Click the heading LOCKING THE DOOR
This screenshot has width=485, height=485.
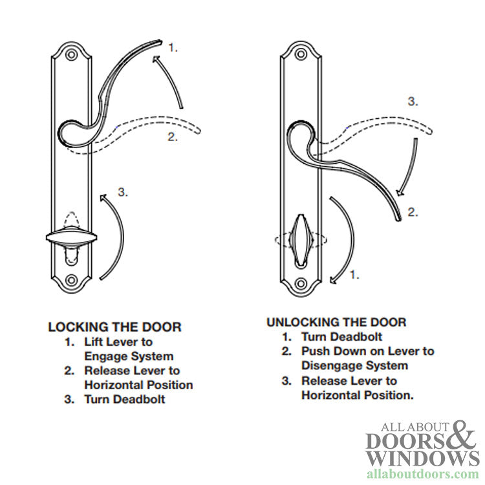pos(114,327)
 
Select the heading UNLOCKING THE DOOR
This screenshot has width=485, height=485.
pos(336,321)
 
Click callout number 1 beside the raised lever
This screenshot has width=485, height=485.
pos(173,47)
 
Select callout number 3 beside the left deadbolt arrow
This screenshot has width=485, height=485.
pos(123,192)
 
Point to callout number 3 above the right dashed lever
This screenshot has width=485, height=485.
pos(413,102)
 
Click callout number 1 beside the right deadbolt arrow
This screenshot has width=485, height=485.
pos(371,275)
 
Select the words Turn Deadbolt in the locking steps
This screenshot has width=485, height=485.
pos(124,399)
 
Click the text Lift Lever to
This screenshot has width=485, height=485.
pos(118,341)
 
